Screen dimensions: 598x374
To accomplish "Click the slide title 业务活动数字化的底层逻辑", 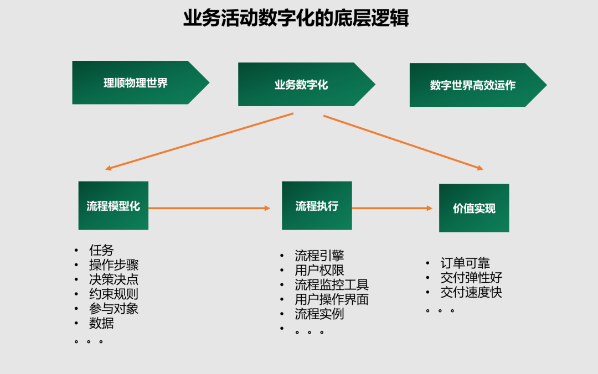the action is coord(296,18).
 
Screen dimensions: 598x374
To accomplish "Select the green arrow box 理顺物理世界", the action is coord(141,82).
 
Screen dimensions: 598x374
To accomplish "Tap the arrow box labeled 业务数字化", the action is coord(307,84).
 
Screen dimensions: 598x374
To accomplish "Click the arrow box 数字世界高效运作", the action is coord(478,85).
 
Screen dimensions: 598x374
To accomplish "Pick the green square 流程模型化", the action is coord(114,205).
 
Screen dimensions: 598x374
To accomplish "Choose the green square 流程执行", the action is coord(317,205).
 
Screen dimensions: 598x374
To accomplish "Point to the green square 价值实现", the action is coord(474,208).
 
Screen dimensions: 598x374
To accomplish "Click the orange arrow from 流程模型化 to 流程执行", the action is coord(209,208).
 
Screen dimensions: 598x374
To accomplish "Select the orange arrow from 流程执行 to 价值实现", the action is coord(393,208).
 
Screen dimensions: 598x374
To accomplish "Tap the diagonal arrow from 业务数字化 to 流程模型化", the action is coord(199,142).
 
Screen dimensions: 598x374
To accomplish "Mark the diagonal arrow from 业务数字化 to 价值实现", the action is coord(404,142).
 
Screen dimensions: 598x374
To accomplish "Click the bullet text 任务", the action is coord(101,250).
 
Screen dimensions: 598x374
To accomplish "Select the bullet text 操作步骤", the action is coord(114,264).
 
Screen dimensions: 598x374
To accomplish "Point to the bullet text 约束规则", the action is coord(114,294).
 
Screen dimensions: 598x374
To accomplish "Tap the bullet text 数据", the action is coord(101,323).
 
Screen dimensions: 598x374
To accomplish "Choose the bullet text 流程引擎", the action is coord(319,255).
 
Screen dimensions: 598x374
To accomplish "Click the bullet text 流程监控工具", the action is coord(332,285).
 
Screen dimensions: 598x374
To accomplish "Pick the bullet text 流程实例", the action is coord(319,314).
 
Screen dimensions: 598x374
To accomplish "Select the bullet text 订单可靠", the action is coord(465,263).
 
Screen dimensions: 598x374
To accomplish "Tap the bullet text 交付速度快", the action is coord(471,293).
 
